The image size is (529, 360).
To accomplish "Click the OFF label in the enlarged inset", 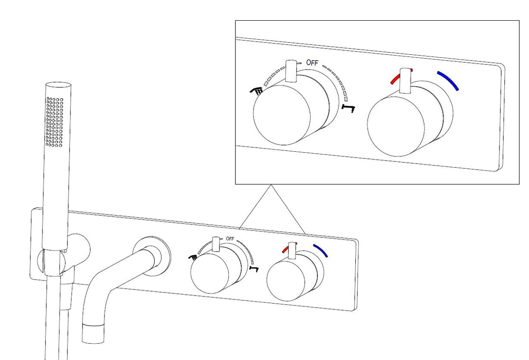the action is click(312, 63).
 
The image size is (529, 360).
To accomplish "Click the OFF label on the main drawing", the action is click(230, 239).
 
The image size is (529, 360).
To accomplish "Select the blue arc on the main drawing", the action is click(321, 250).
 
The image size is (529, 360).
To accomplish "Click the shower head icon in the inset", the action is click(257, 91).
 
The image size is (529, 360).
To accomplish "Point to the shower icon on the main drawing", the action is click(193, 257).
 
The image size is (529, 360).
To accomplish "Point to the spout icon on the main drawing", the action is click(254, 269).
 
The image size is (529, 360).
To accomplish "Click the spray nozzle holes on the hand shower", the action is click(55, 122).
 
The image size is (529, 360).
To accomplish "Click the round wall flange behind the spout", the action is click(152, 255).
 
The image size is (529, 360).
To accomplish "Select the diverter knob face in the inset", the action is click(282, 115).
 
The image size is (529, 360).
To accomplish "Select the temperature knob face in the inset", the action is click(396, 127).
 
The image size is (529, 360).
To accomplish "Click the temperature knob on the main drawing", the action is click(286, 281).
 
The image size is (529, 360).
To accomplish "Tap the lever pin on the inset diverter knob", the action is click(291, 71).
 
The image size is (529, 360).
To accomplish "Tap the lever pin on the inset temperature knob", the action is click(405, 81).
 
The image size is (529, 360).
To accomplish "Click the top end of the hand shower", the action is click(58, 85).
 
